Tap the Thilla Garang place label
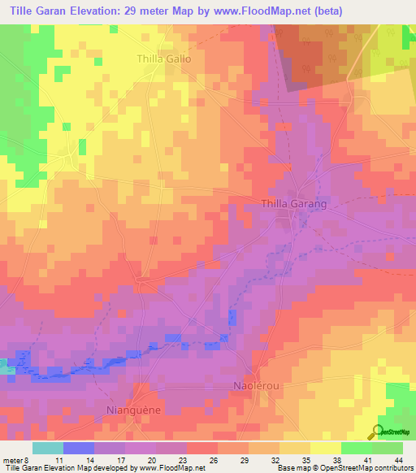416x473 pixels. pyautogui.click(x=293, y=204)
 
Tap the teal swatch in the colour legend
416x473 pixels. pyautogui.click(x=48, y=448)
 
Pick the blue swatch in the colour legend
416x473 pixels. pyautogui.click(x=79, y=448)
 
